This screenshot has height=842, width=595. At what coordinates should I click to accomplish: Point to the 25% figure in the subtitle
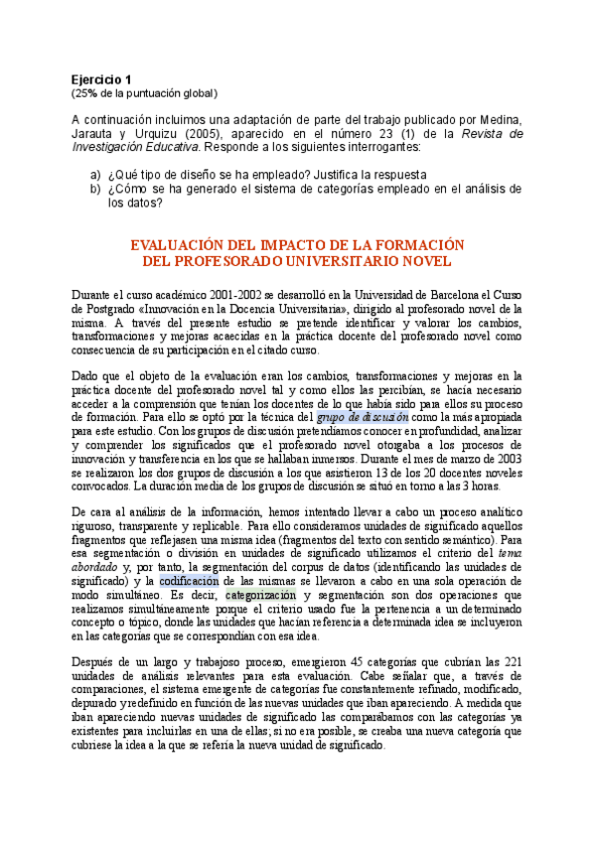(x=84, y=93)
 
